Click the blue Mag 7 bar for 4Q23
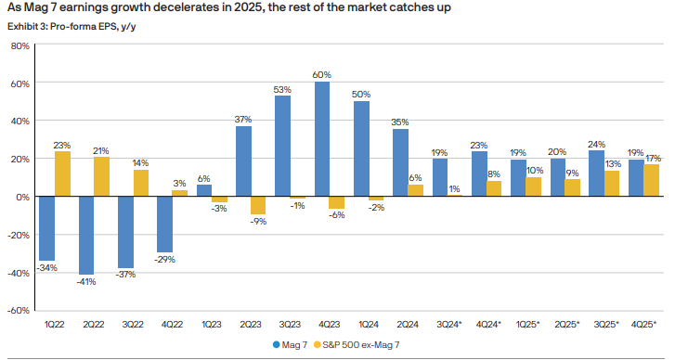(x=322, y=139)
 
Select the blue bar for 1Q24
(x=361, y=148)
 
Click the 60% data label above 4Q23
(x=322, y=73)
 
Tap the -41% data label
(x=86, y=281)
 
